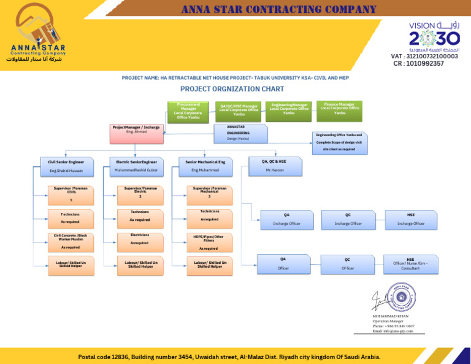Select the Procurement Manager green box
(x=188, y=111)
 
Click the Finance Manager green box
(x=339, y=110)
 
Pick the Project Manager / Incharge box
(x=135, y=131)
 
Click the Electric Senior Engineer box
(x=136, y=166)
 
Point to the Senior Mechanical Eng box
(x=205, y=166)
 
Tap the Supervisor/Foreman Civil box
(x=71, y=195)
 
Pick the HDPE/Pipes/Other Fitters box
(x=209, y=242)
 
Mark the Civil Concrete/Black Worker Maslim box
(x=71, y=242)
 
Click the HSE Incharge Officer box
(x=410, y=220)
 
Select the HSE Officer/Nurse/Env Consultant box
(x=410, y=264)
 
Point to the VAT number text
(x=424, y=56)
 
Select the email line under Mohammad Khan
(x=392, y=331)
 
